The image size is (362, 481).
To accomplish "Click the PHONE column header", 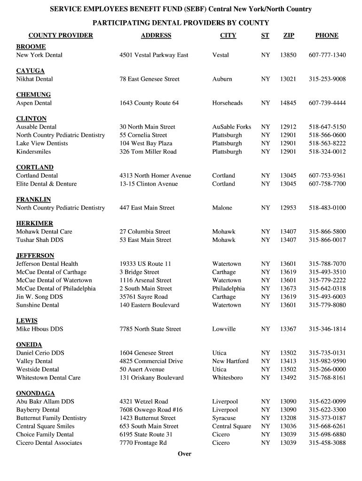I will coord(327,35).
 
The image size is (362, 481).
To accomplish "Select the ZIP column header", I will coord(288,35).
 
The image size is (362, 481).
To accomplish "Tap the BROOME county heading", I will coord(31,47).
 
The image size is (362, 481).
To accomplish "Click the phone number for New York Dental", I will coord(327,55).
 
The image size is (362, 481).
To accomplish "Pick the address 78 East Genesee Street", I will coord(150,79).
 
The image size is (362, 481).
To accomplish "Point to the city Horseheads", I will coord(228,103).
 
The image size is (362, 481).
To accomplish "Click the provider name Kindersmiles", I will coord(33,152).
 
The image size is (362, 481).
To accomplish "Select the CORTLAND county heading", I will coord(35,167).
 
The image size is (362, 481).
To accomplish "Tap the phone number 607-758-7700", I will coord(327,184).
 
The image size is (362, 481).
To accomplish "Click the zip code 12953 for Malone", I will coord(288,208).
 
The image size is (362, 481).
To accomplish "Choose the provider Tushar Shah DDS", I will coord(40,240).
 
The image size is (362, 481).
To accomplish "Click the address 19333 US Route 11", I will coord(145,264).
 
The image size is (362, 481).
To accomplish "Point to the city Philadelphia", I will coord(228,288).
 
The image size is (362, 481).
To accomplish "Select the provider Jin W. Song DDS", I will coord(39,297).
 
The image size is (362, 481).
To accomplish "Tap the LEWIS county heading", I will coord(27,321).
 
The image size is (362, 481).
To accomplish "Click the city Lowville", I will coord(224,329).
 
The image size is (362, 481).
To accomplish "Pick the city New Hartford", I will coord(230,361).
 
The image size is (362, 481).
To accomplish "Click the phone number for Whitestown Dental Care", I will coord(327,378).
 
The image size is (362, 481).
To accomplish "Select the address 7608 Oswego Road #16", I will coord(151,410).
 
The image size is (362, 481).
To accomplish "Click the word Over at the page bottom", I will coord(185,454).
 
